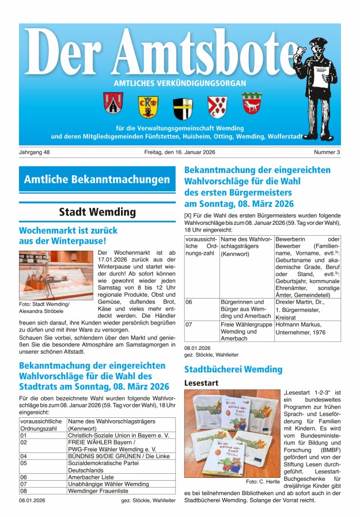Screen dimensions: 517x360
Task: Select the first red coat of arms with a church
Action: pos(113,103)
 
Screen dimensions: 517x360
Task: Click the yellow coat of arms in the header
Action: pos(147,106)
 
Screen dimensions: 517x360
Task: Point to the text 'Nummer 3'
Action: pos(327,152)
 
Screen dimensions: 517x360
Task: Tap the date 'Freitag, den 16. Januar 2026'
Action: pos(180,152)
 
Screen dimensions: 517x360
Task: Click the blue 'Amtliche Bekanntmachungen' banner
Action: pos(97,179)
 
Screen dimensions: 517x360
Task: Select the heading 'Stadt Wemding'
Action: pos(97,212)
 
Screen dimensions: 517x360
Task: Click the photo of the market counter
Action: pos(55,274)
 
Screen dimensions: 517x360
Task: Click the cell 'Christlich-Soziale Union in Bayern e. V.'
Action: pos(118,436)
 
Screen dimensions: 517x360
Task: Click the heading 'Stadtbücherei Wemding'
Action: pos(233,369)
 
